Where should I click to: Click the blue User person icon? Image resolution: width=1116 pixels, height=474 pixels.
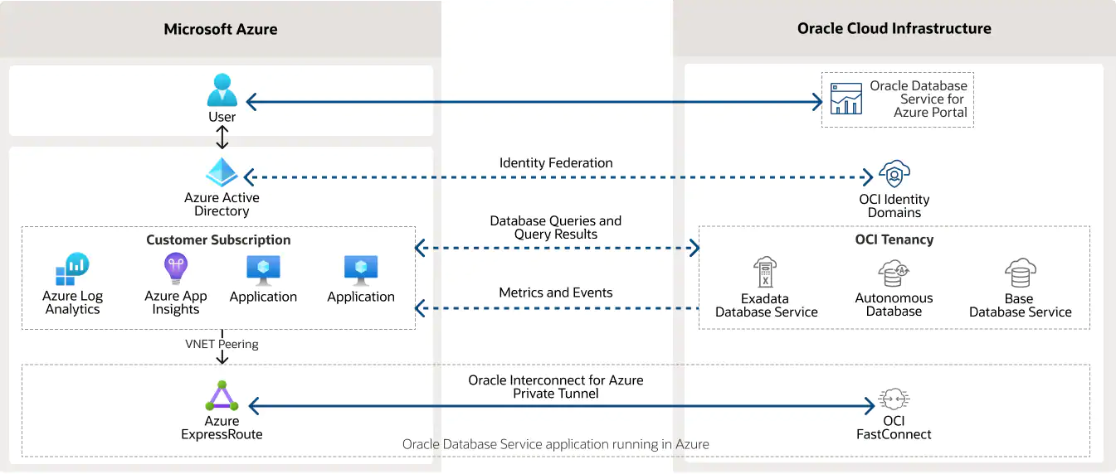[x=222, y=90]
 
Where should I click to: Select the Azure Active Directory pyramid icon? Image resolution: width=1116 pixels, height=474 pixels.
[x=222, y=172]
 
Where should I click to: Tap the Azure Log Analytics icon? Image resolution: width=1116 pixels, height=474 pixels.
[x=72, y=269]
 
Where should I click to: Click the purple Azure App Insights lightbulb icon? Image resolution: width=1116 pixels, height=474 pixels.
[x=175, y=269]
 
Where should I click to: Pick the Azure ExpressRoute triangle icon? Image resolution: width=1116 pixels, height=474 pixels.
[x=222, y=396]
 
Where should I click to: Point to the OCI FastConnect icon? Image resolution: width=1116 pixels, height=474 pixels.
[x=894, y=399]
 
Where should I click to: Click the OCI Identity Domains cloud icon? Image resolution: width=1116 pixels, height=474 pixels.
[x=894, y=175]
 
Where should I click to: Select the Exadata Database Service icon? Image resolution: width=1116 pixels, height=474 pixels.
[x=766, y=273]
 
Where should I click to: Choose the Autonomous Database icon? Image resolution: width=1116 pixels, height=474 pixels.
[x=894, y=273]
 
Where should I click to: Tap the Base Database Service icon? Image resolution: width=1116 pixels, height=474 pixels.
[x=1020, y=273]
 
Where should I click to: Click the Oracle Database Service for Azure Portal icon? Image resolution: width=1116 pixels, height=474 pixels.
[x=846, y=99]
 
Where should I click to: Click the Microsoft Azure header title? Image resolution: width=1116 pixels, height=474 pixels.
[x=221, y=29]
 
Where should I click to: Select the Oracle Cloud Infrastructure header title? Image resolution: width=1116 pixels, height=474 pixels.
[x=894, y=28]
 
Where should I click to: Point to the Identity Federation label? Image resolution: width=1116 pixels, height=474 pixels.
[x=556, y=162]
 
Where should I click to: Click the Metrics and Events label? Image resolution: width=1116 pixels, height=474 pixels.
[x=556, y=293]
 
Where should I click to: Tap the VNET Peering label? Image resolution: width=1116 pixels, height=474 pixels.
[x=222, y=344]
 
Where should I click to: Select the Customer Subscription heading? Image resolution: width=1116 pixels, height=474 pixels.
[x=218, y=239]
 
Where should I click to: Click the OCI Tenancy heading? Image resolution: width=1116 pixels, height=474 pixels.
[x=894, y=239]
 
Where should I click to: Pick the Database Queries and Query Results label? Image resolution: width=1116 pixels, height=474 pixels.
[x=556, y=227]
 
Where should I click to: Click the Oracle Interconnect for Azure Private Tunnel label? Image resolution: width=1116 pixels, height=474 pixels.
[x=556, y=386]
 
